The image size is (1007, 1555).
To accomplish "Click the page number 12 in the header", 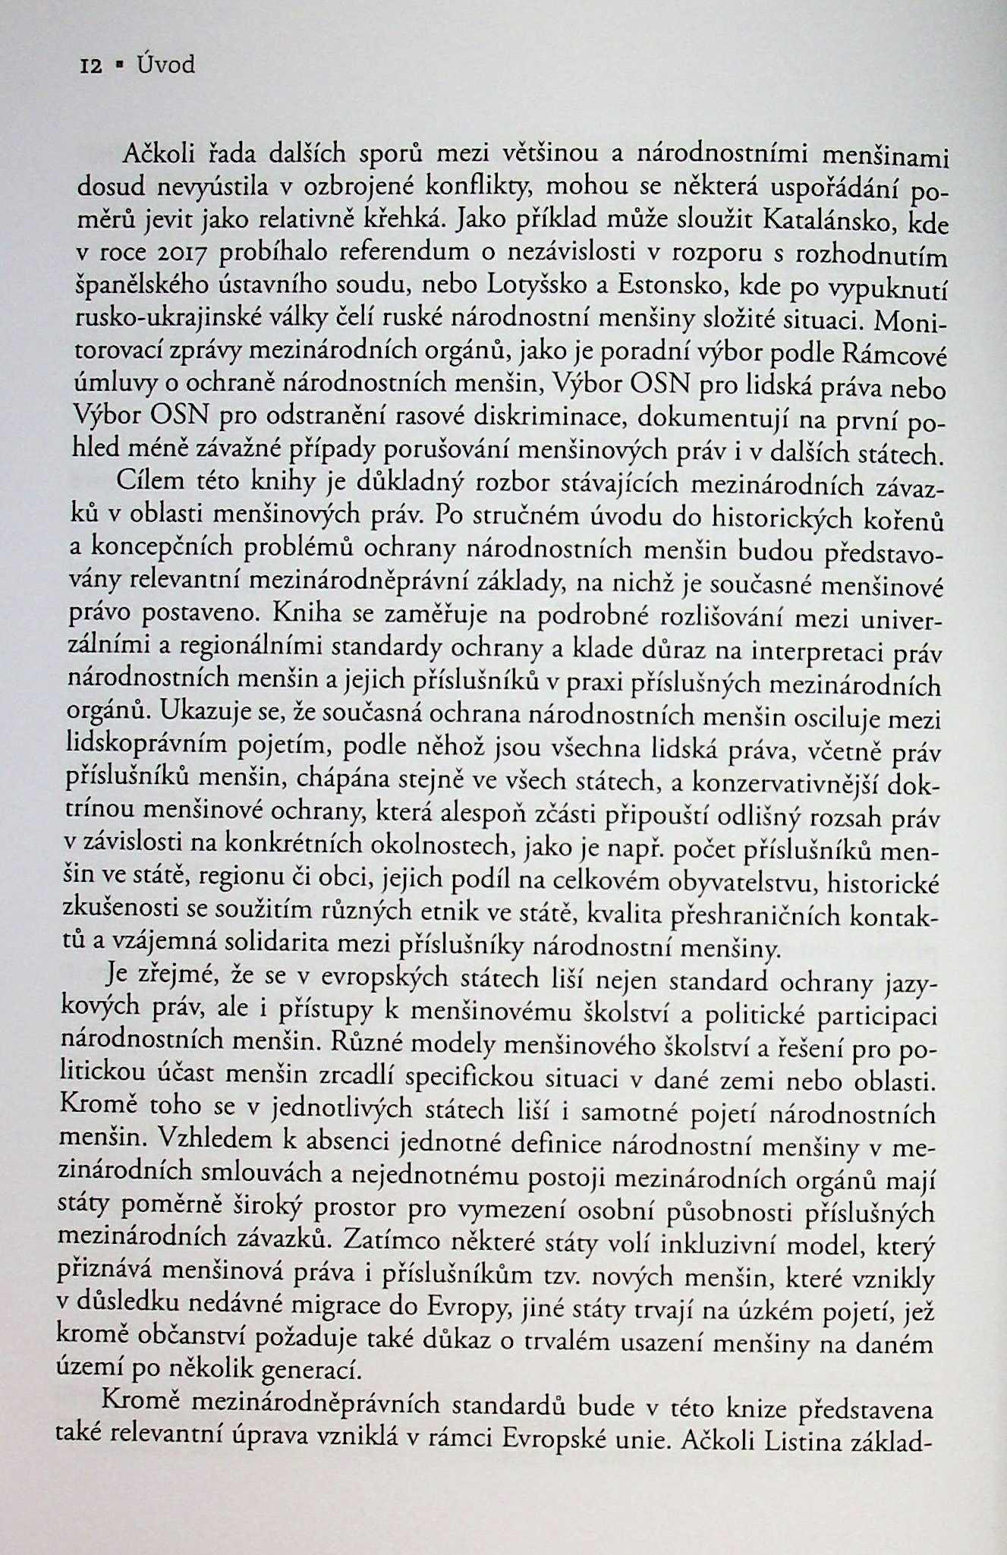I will [x=91, y=66].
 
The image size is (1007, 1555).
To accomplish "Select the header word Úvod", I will [x=165, y=65].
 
